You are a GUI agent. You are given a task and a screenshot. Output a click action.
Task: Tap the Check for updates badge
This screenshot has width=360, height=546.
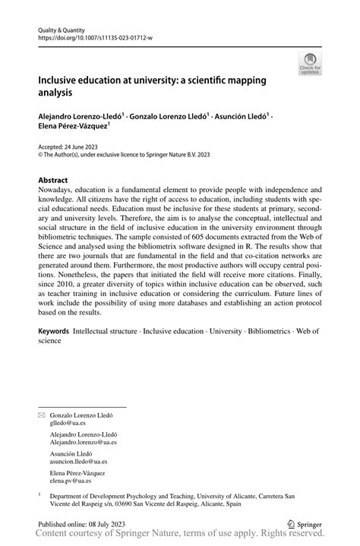coord(309,64)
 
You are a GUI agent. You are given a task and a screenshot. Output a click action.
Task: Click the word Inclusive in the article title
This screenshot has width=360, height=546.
coord(60,80)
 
